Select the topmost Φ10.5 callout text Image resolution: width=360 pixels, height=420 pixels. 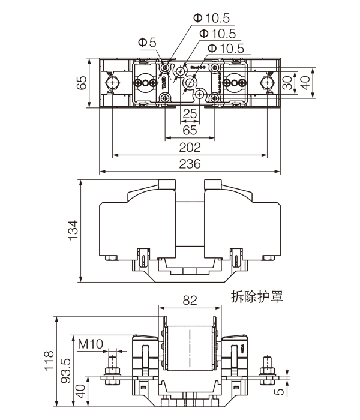tap(211, 19)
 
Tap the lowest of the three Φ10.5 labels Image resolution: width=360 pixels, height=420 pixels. tap(225, 49)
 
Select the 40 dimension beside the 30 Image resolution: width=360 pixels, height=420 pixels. tap(305, 83)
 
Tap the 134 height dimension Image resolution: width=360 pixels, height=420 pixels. tap(73, 230)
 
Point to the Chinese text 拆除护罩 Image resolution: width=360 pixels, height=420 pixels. tap(256, 296)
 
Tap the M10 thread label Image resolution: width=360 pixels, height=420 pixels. tap(91, 344)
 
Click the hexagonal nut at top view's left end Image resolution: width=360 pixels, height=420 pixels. tap(112, 83)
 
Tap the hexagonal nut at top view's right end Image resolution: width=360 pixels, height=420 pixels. tap(267, 83)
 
